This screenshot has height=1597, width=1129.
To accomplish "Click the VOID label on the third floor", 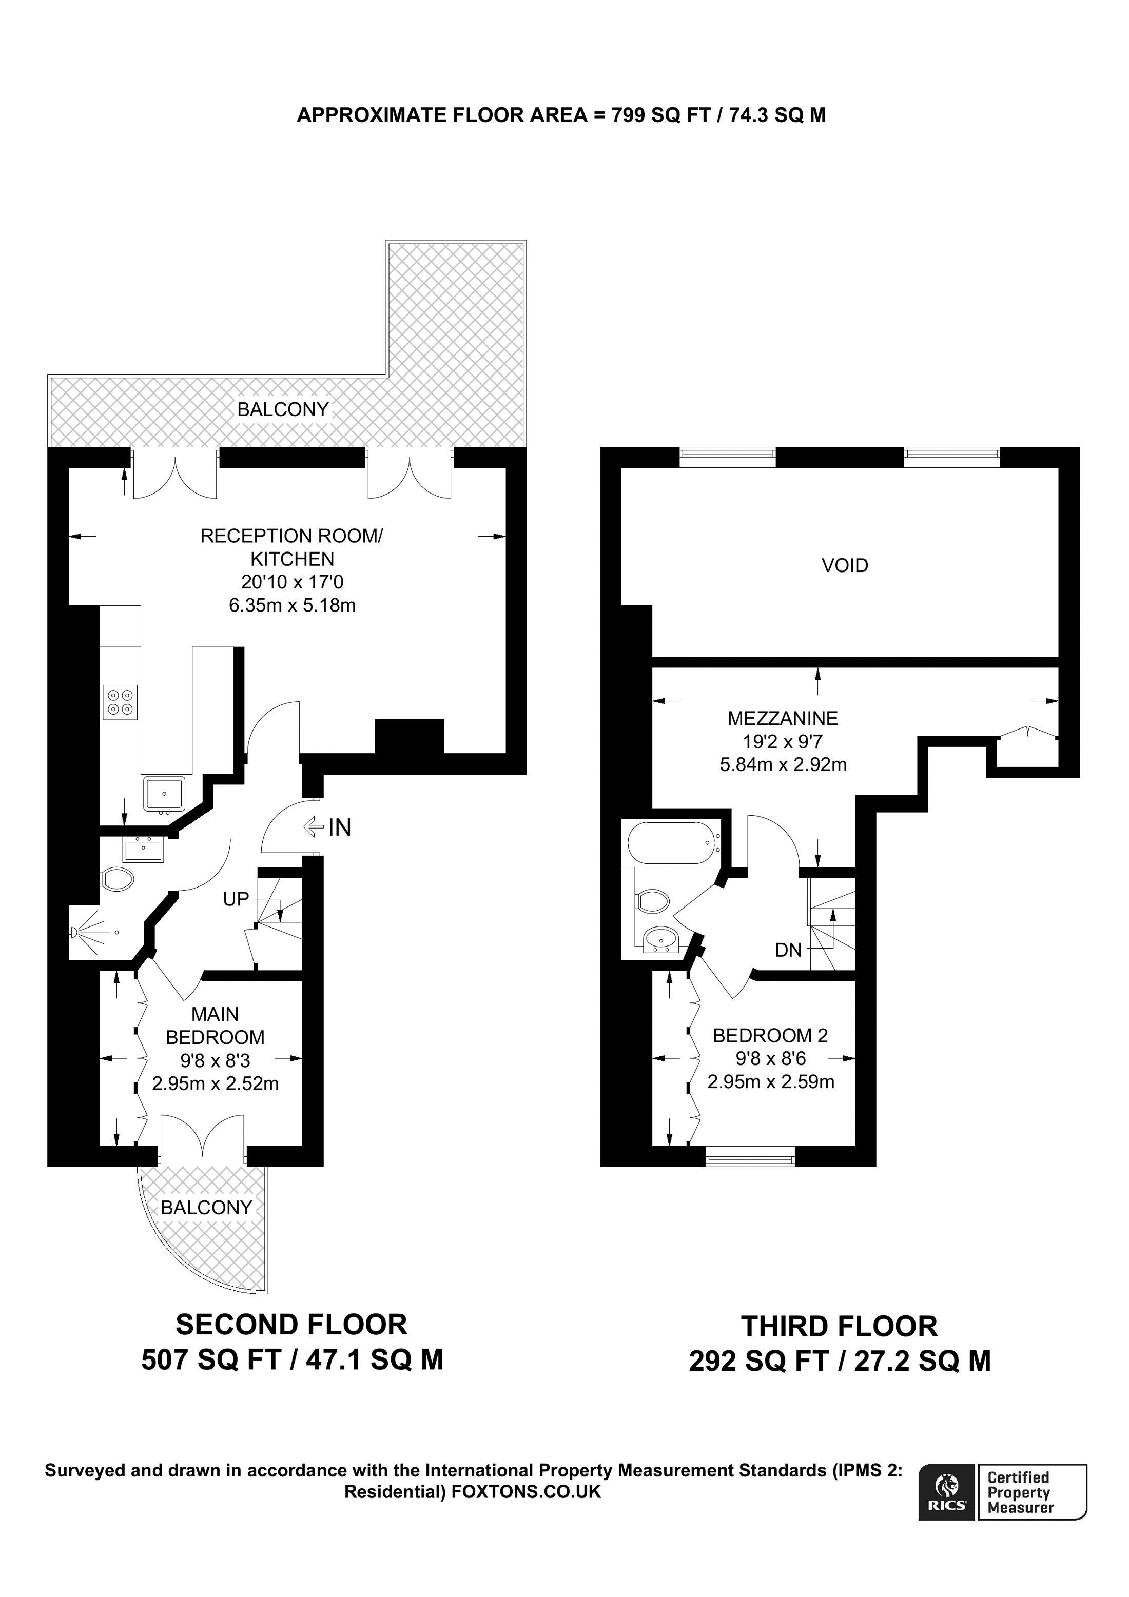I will [x=845, y=565].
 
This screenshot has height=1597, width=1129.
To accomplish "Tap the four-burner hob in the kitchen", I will [x=120, y=702].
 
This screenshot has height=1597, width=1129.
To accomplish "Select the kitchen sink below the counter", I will [x=164, y=794].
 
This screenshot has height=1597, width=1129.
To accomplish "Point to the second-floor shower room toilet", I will [x=118, y=879].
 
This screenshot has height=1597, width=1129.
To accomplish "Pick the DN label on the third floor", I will [x=788, y=950].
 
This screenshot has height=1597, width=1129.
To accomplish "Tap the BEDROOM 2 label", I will [x=770, y=1036].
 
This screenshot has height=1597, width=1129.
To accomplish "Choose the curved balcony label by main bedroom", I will [x=206, y=1208].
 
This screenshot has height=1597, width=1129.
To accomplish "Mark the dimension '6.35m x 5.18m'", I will [x=292, y=605].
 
